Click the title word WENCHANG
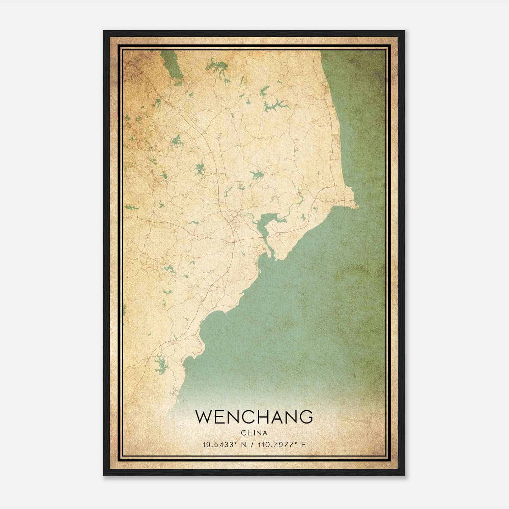click(x=254, y=417)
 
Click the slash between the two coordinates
click(x=252, y=445)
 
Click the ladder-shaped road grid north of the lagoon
click(x=220, y=135)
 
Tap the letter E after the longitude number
click(x=303, y=445)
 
